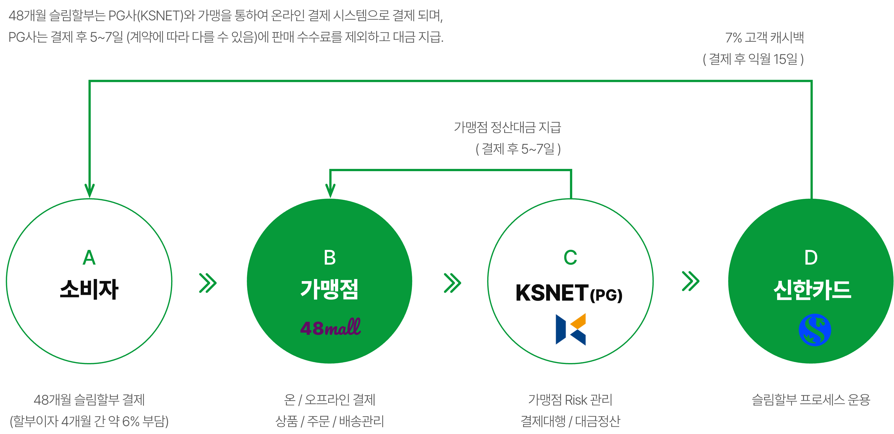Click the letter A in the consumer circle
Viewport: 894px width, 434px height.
click(x=89, y=258)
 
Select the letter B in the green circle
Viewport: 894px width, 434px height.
click(x=329, y=258)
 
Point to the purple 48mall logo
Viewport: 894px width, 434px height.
click(x=330, y=327)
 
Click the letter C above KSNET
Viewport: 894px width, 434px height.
click(x=570, y=258)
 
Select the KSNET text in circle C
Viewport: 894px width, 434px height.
click(x=552, y=293)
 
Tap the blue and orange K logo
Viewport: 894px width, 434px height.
click(x=571, y=329)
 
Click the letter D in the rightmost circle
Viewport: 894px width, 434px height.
click(x=811, y=258)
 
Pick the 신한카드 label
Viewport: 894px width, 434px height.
click(x=812, y=290)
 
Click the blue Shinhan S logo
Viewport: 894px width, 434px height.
click(x=815, y=330)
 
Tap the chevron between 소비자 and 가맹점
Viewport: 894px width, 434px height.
click(x=208, y=283)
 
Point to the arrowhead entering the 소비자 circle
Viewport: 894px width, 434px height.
click(x=89, y=191)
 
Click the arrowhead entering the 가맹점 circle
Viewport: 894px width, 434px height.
click(x=330, y=191)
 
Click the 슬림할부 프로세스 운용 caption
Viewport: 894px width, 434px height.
click(x=811, y=400)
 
